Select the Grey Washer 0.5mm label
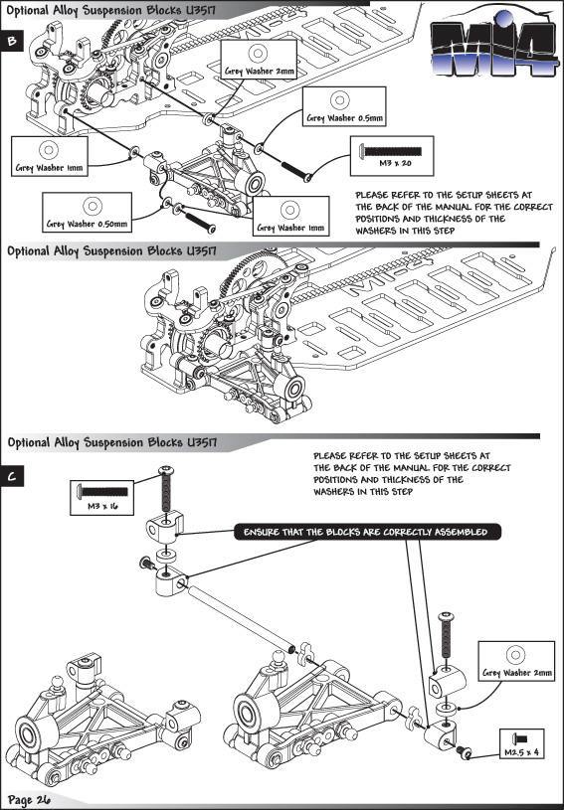(344, 118)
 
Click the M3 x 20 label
(392, 164)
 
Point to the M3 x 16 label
(102, 506)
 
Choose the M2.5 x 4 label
(521, 752)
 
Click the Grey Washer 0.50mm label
(87, 224)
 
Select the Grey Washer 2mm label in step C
(517, 673)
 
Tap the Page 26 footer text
(29, 800)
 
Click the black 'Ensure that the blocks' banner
(367, 532)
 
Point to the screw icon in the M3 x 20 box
(390, 151)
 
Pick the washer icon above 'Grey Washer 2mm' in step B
(257, 53)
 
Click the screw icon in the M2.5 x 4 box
(519, 738)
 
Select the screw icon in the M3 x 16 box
(101, 491)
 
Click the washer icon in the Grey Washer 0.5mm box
(339, 100)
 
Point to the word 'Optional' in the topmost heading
(29, 10)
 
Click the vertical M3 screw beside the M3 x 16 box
(166, 487)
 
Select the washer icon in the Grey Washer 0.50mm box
(93, 206)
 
